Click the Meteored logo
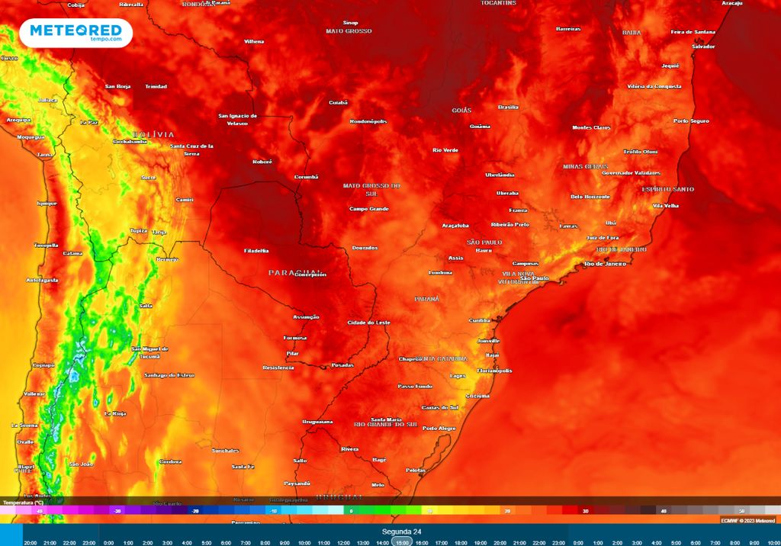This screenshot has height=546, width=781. (x=76, y=33)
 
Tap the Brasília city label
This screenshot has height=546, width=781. (x=508, y=108)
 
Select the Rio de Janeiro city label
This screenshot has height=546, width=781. (x=605, y=264)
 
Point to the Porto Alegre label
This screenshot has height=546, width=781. (x=439, y=428)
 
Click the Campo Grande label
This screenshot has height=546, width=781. (x=369, y=209)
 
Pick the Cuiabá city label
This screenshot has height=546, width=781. (x=338, y=102)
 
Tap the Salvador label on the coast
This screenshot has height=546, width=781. (x=703, y=47)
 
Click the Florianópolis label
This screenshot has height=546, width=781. (x=494, y=371)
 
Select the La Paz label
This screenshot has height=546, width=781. (x=88, y=122)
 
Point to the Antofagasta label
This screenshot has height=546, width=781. (x=42, y=280)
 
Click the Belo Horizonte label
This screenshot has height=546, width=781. (x=590, y=197)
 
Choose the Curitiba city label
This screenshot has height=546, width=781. (x=480, y=320)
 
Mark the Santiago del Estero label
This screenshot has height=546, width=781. (x=169, y=375)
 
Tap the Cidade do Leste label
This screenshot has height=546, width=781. (x=368, y=323)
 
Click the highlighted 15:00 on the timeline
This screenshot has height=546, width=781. (x=402, y=541)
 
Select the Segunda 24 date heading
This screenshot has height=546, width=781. (x=402, y=531)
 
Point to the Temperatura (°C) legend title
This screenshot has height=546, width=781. (x=23, y=503)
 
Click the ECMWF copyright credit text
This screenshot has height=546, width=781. (x=747, y=520)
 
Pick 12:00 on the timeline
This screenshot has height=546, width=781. (x=343, y=542)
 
